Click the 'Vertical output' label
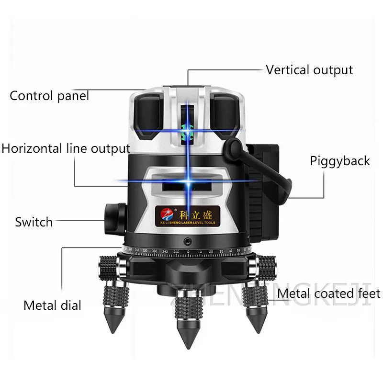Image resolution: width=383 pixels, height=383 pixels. click(x=309, y=70)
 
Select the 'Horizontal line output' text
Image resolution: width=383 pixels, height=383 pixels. click(x=66, y=148)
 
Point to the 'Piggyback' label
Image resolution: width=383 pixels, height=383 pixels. click(x=340, y=160)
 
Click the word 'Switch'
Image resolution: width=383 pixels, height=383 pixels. click(x=34, y=222)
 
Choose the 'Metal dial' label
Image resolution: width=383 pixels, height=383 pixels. click(x=53, y=305)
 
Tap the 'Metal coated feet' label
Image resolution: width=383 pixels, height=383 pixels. click(x=329, y=293)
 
